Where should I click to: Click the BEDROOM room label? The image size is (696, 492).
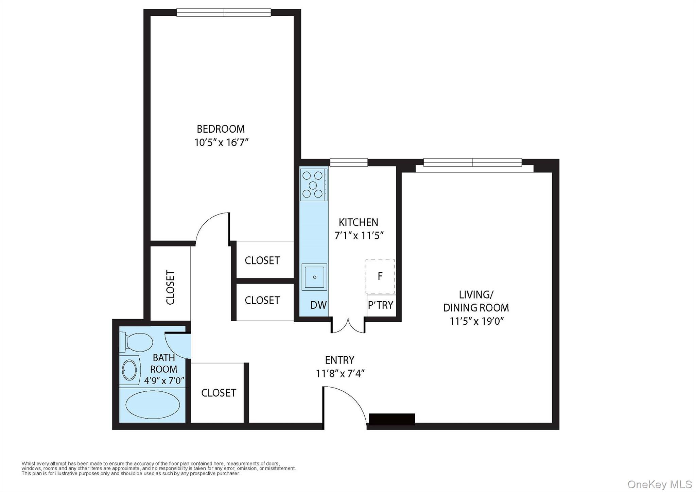pyautogui.click(x=221, y=129)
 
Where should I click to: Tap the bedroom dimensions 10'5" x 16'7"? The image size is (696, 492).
pyautogui.click(x=221, y=142)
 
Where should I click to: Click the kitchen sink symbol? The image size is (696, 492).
pyautogui.click(x=314, y=277)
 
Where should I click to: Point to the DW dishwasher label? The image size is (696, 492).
pyautogui.click(x=318, y=305)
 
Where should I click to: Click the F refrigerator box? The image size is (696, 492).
pyautogui.click(x=380, y=276)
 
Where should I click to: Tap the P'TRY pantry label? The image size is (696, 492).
pyautogui.click(x=380, y=305)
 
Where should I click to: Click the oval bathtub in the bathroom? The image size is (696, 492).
pyautogui.click(x=153, y=405)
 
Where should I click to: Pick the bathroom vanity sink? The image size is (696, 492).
pyautogui.click(x=129, y=370)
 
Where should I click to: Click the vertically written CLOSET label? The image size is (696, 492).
pyautogui.click(x=170, y=287)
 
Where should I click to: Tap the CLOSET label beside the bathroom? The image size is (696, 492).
pyautogui.click(x=219, y=393)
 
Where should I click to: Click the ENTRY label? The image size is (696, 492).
pyautogui.click(x=340, y=360)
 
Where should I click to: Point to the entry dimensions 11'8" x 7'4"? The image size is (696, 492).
pyautogui.click(x=340, y=374)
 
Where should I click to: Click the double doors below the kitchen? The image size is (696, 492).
pyautogui.click(x=348, y=326)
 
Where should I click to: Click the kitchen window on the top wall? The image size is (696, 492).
pyautogui.click(x=349, y=163)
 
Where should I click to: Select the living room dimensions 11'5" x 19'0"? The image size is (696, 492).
pyautogui.click(x=476, y=321)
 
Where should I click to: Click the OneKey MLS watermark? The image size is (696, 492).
pyautogui.click(x=659, y=484)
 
